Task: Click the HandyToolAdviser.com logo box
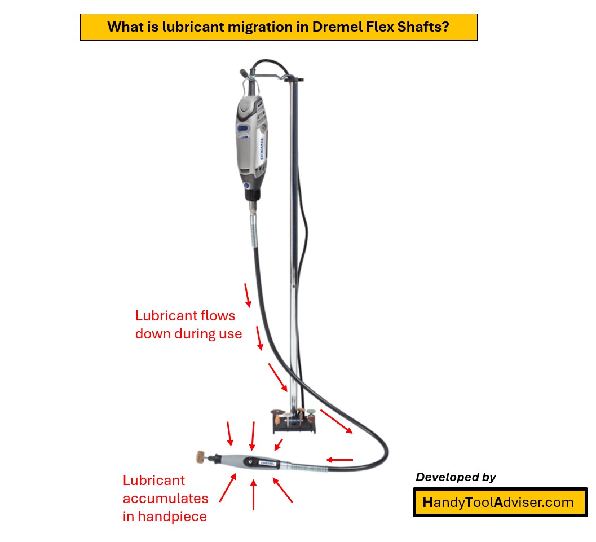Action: pos(500,503)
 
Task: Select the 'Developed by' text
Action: pos(456,477)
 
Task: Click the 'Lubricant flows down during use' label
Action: pos(188,325)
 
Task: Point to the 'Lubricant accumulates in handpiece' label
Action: pos(165,498)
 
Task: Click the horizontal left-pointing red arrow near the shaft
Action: pos(339,460)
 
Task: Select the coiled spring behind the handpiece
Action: pos(302,466)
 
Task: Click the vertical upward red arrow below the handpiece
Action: pos(253,495)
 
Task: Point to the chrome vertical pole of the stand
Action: pos(293,226)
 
